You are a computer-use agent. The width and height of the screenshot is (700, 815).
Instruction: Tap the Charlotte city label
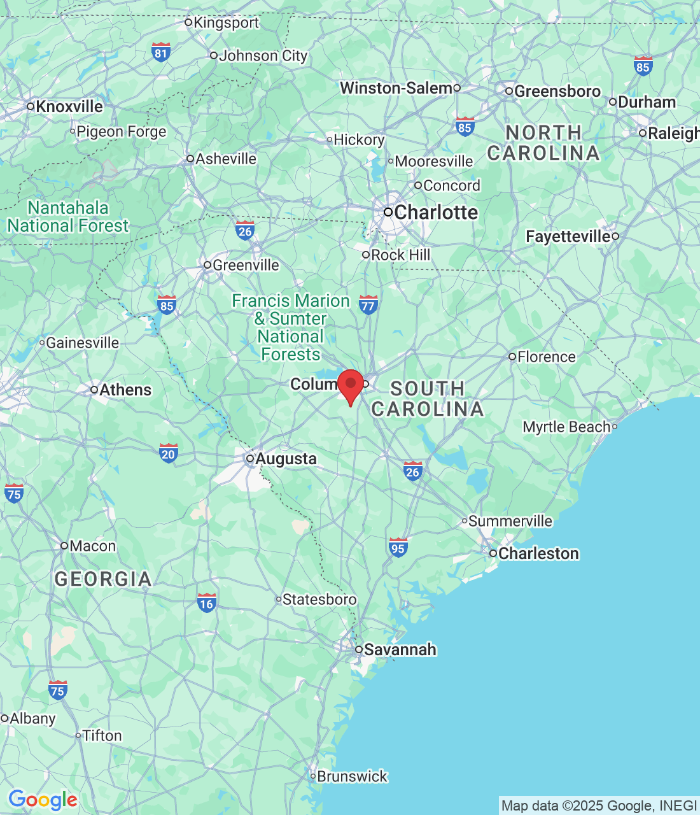(435, 212)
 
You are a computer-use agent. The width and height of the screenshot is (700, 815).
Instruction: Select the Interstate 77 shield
(368, 304)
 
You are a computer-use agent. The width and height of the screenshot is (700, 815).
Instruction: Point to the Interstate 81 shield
(161, 52)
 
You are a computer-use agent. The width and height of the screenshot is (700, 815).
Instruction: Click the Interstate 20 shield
(168, 453)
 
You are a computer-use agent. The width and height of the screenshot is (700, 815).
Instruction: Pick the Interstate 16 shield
(206, 602)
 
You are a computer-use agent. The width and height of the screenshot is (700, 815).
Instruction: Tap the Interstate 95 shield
(398, 547)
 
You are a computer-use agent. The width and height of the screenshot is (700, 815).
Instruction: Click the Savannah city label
(400, 649)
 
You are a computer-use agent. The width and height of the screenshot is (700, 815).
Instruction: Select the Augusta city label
(286, 458)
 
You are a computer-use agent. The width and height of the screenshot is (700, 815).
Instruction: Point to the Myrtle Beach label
(566, 427)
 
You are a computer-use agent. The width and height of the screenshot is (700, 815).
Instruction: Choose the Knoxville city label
(69, 106)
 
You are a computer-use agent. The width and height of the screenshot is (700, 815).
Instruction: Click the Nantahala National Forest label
(68, 216)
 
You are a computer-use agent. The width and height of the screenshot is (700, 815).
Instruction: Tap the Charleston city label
(538, 553)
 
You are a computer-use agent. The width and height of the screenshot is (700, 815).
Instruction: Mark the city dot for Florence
(512, 357)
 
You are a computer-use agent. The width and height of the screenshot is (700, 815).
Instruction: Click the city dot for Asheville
(190, 159)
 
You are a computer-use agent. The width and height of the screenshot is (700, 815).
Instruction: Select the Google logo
(43, 800)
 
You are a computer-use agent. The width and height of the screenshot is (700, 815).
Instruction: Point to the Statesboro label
(319, 599)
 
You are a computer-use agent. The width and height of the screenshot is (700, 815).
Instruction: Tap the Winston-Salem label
(396, 88)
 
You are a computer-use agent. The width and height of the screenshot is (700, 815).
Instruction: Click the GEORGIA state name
(103, 579)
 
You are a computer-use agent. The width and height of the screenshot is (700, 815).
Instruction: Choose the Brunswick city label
(352, 776)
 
